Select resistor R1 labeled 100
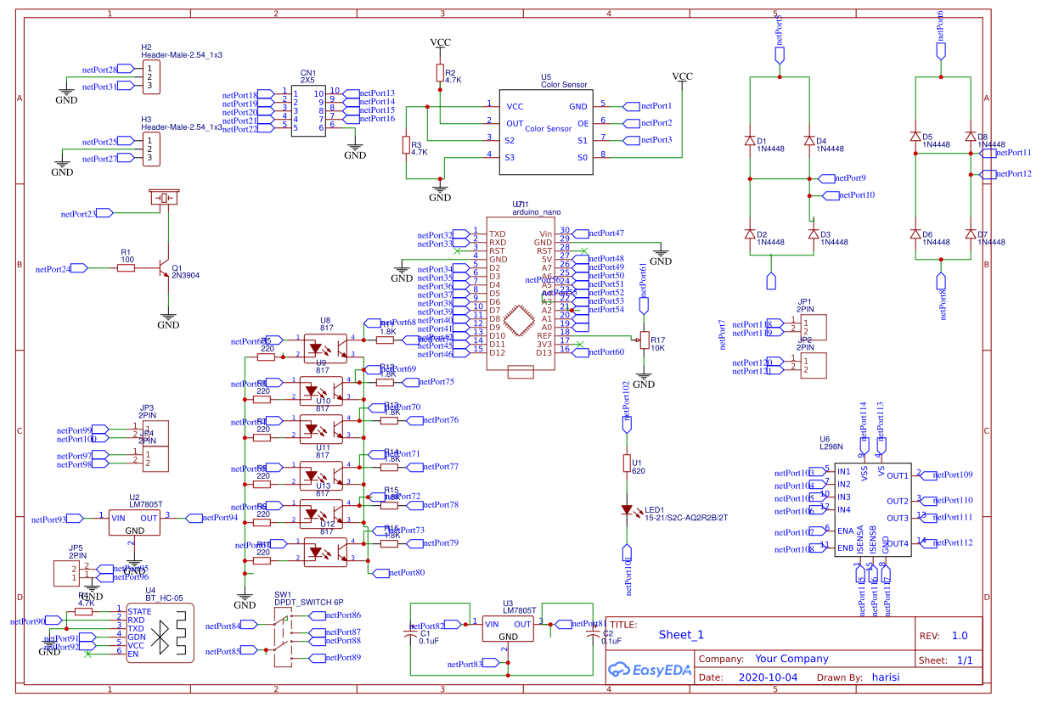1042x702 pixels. [x=126, y=268]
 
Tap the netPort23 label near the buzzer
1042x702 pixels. [x=78, y=214]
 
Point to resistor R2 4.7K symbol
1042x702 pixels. [x=440, y=73]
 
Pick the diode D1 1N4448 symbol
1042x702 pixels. [x=749, y=141]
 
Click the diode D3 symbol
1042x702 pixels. [x=813, y=233]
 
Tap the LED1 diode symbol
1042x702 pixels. [x=627, y=511]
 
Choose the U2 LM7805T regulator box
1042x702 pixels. [x=134, y=523]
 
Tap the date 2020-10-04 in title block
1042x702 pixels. [x=768, y=677]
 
